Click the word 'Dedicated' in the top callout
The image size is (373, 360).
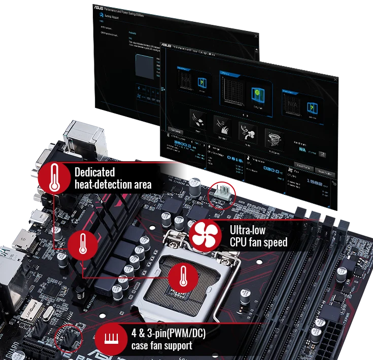(x=95, y=172)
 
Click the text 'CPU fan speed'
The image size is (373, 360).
(x=258, y=242)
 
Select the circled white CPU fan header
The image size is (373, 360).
(x=221, y=191)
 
